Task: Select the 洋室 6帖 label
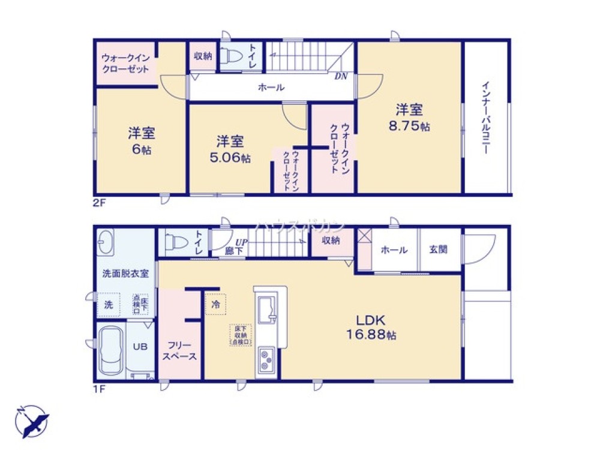coord(142,140)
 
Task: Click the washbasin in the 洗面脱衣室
coord(107,242)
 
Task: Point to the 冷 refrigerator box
coord(215,304)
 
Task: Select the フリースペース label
coord(179,351)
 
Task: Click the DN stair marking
coord(341,76)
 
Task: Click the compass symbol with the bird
coord(31,420)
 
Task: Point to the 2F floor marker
coord(99,203)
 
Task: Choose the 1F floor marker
coord(99,389)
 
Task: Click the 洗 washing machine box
coord(109,304)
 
